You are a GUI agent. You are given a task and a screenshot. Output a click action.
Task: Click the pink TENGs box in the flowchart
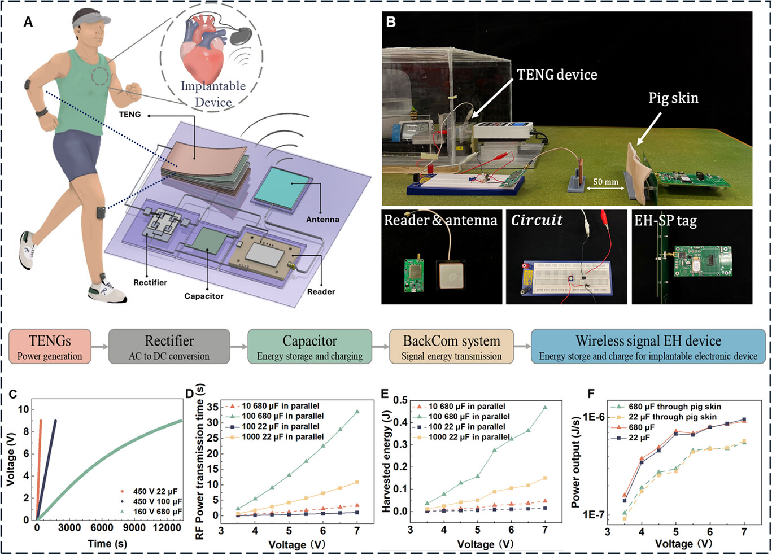50,346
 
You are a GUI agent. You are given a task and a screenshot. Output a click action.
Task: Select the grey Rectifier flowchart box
169,346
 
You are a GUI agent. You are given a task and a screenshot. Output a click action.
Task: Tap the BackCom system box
451,346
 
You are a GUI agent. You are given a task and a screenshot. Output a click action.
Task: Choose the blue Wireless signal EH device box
648,346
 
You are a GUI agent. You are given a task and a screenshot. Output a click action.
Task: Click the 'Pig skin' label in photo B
673,98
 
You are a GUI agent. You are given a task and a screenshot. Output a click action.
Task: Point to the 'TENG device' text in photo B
557,75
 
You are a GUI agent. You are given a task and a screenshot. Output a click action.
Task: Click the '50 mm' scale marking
605,182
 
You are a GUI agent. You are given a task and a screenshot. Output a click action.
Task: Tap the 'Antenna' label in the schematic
322,220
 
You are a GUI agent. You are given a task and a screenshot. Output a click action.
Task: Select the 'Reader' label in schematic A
321,292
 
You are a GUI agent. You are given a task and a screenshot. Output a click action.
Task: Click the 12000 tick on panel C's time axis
167,527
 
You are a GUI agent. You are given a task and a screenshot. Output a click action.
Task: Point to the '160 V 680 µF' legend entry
157,512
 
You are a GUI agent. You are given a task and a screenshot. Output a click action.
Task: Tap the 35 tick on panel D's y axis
212,407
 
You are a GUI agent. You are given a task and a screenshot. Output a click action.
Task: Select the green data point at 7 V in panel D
357,412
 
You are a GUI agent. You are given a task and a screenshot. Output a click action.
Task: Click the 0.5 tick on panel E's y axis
400,400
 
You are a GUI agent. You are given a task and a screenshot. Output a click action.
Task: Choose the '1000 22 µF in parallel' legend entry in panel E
469,437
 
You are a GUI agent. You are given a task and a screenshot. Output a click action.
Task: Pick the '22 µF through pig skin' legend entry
672,417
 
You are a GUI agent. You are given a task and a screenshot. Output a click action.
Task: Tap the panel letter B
391,22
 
